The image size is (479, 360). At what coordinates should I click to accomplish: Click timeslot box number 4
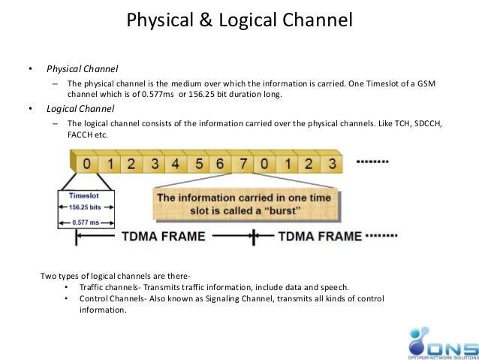176,163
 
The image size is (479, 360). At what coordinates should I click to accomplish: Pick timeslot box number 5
198,163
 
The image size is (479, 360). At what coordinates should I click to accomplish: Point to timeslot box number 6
220,163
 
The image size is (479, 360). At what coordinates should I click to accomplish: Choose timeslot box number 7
243,163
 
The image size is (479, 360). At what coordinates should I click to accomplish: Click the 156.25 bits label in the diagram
84,206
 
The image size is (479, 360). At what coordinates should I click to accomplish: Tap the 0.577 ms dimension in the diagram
85,222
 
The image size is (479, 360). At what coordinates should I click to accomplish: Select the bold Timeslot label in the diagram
84,194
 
